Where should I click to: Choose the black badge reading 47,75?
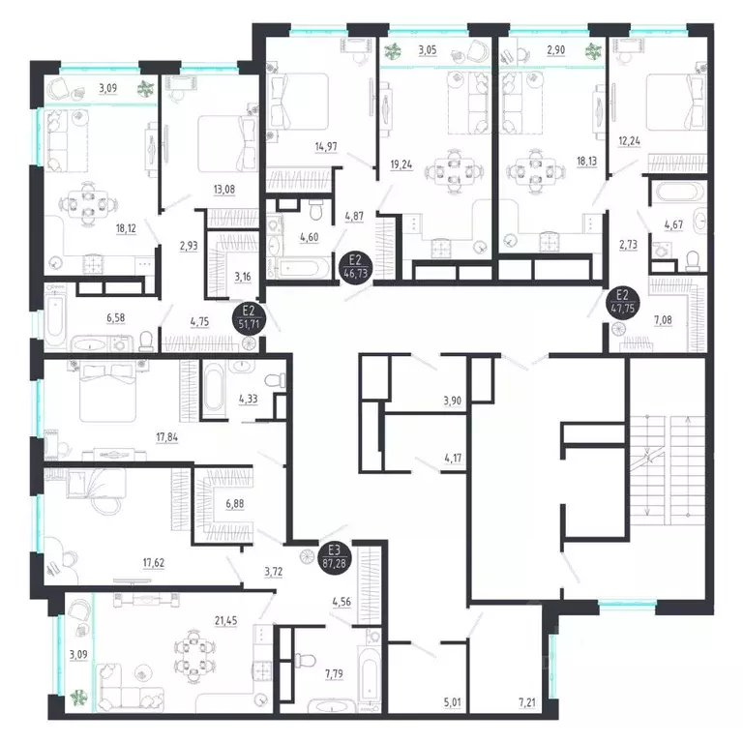point(621,302)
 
